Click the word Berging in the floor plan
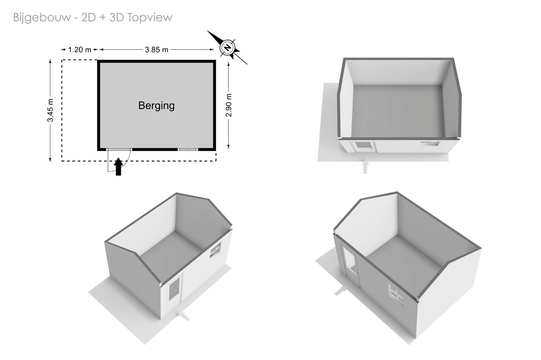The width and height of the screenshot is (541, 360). click(157, 106)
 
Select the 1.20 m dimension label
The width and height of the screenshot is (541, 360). click(80, 50)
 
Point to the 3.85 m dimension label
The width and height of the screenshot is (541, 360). click(156, 50)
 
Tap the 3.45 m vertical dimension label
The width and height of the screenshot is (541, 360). click(50, 110)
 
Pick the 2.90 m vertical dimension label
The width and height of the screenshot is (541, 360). click(228, 105)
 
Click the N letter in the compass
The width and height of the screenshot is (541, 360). click(227, 47)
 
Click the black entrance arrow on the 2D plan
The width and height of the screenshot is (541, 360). click(118, 167)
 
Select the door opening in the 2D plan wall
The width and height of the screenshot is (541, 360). click(119, 150)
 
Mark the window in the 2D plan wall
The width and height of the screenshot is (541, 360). click(188, 150)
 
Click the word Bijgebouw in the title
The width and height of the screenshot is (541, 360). click(42, 18)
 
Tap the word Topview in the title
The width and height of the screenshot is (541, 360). click(150, 18)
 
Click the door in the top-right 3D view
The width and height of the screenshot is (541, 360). click(365, 147)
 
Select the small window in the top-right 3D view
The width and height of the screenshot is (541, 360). click(431, 144)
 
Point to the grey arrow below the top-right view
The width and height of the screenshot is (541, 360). click(366, 167)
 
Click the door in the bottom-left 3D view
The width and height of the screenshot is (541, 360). click(174, 293)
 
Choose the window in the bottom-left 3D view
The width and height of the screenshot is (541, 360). click(215, 250)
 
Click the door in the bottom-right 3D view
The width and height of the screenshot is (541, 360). click(350, 265)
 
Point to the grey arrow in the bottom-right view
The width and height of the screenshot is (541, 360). click(341, 291)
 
